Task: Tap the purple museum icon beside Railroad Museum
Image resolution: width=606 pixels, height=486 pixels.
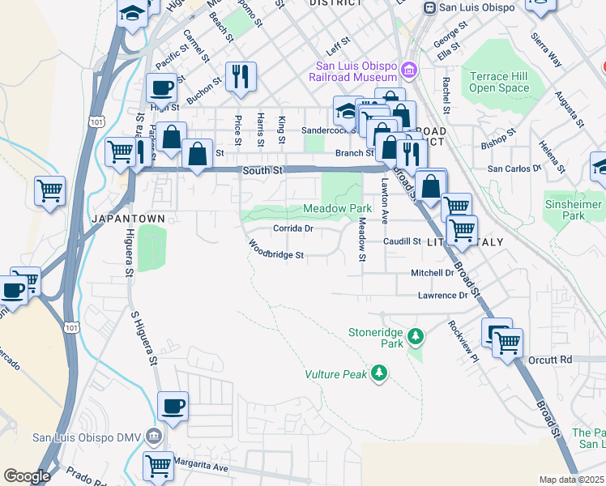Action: click(x=411, y=72)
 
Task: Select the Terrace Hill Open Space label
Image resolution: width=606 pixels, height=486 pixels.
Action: click(x=499, y=82)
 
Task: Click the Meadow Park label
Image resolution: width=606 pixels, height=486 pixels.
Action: click(x=337, y=208)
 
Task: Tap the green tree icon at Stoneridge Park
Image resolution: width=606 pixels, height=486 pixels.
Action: click(x=416, y=335)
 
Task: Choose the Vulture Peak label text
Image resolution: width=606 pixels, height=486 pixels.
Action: click(x=335, y=374)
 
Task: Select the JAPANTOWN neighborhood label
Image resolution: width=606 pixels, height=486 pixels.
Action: click(x=129, y=219)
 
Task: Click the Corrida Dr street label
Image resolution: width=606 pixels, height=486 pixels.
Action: click(x=292, y=228)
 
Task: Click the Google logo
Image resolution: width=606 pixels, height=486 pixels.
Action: click(x=27, y=476)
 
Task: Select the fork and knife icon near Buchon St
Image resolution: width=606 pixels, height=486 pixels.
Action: click(x=241, y=77)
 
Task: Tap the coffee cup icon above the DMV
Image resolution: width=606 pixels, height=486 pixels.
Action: click(x=172, y=407)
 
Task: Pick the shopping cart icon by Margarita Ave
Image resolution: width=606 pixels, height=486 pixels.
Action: click(x=158, y=466)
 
